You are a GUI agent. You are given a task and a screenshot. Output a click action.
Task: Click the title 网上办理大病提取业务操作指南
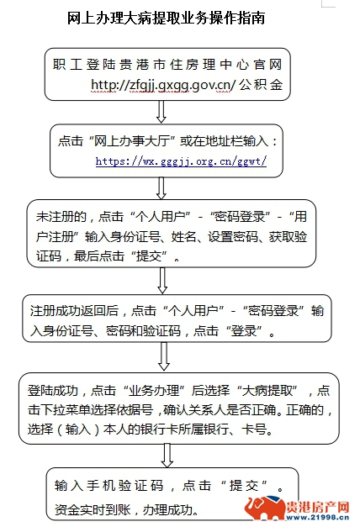pyautogui.click(x=166, y=18)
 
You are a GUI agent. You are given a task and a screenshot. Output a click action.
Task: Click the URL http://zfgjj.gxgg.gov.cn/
pyautogui.click(x=164, y=85)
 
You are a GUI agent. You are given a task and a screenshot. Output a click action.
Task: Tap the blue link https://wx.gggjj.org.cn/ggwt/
pyautogui.click(x=181, y=161)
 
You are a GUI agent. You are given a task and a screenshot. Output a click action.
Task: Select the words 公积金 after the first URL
pyautogui.click(x=261, y=85)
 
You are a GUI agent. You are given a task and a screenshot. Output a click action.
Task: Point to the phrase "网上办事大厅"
pyautogui.click(x=133, y=141)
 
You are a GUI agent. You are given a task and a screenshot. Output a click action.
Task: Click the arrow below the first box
pyautogui.click(x=161, y=112)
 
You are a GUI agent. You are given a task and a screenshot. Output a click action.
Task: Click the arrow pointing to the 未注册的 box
pyautogui.click(x=161, y=188)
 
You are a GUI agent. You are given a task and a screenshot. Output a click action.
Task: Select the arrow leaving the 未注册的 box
pyautogui.click(x=162, y=281)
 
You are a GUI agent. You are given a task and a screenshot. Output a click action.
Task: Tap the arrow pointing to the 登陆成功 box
pyautogui.click(x=164, y=356)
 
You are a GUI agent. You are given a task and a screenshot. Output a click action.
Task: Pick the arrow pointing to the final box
pyautogui.click(x=167, y=455)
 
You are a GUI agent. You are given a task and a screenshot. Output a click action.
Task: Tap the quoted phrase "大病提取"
pyautogui.click(x=267, y=391)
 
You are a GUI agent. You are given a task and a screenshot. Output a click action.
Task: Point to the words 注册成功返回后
pyautogui.click(x=74, y=311)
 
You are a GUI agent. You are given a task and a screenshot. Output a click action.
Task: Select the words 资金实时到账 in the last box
pyautogui.click(x=93, y=509)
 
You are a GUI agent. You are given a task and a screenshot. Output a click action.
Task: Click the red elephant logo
pyautogui.click(x=264, y=509)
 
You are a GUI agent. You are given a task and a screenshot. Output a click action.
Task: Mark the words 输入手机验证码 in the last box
pyautogui.click(x=109, y=486)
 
